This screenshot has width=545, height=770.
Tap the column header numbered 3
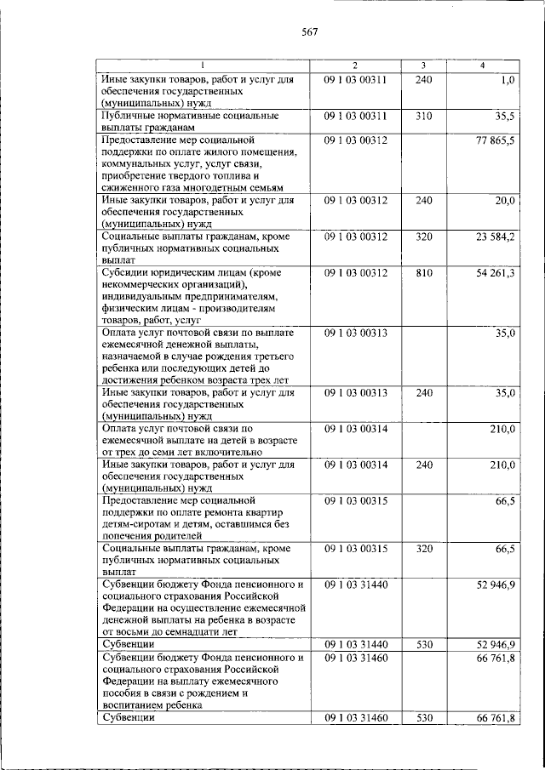tap(423, 66)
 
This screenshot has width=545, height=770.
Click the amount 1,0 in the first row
tap(508, 80)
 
